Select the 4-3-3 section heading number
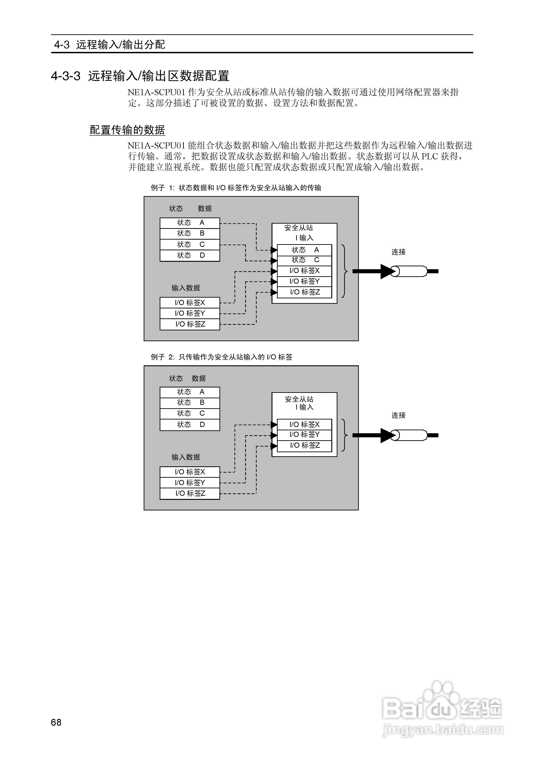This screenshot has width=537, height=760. click(65, 76)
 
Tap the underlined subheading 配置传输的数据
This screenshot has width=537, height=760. click(127, 130)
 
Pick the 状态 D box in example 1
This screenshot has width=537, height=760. click(190, 255)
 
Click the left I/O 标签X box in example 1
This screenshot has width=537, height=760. click(190, 303)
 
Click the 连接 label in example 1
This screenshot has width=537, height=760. click(398, 252)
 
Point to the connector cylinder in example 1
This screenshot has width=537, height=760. click(410, 271)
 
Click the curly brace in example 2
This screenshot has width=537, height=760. click(344, 435)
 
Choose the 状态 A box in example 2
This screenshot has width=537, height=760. click(190, 392)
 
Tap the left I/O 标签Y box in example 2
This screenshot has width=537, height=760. click(190, 483)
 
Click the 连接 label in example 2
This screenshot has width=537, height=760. click(398, 415)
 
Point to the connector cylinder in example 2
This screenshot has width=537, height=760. click(410, 435)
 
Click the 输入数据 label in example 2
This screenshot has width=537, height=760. click(186, 457)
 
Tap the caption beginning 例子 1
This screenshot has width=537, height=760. click(236, 188)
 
